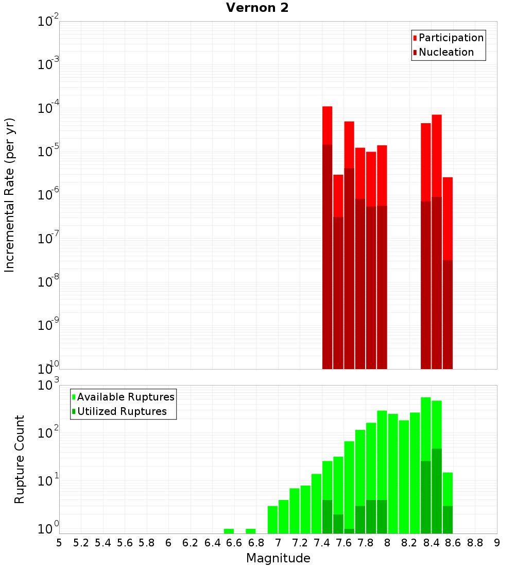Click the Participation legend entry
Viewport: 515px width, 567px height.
coord(451,38)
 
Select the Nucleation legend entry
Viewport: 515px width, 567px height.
coord(445,53)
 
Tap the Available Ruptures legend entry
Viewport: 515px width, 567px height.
coord(125,397)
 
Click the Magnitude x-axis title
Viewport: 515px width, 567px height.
coord(278,558)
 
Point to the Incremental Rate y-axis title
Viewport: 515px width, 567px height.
coord(10,195)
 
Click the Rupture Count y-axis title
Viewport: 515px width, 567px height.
coord(20,459)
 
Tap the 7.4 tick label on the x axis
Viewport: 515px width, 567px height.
coord(322,543)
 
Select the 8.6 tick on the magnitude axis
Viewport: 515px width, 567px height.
coord(453,543)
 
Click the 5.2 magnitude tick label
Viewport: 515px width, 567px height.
coord(81,543)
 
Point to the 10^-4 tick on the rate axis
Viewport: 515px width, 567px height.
coord(48,108)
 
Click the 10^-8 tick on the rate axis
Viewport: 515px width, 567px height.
coord(48,282)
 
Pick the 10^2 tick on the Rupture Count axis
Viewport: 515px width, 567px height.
coord(48,432)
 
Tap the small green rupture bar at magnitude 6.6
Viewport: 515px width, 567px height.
coord(229,531)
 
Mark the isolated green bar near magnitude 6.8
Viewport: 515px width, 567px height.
coord(251,531)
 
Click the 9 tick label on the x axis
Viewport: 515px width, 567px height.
coord(496,543)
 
